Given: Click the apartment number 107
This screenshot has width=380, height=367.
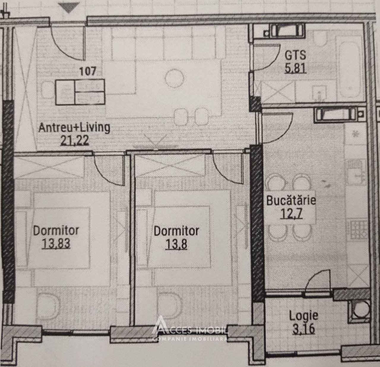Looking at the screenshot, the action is click(x=88, y=71).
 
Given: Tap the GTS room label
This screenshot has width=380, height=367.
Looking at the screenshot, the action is click(x=295, y=55).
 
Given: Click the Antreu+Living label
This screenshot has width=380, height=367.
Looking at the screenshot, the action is click(x=74, y=128).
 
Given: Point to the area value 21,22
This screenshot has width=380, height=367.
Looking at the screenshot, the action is click(x=75, y=140).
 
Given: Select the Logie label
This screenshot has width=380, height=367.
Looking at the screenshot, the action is click(x=303, y=316).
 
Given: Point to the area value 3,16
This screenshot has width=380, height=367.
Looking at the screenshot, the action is click(x=304, y=329).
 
